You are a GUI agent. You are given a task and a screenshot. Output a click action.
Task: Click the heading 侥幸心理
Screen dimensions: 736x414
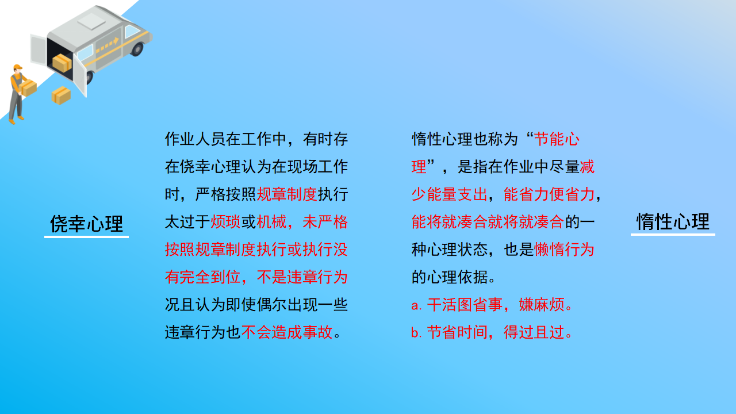[x=86, y=224]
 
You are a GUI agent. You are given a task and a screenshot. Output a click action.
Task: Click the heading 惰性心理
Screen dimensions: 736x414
[x=673, y=222]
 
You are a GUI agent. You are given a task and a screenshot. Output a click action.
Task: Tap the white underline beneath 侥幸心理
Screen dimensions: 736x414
[x=86, y=236]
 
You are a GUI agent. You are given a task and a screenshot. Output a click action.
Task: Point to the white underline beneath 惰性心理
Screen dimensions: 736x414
[x=673, y=234]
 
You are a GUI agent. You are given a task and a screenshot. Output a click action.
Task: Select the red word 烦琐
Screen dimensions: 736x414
[x=225, y=222]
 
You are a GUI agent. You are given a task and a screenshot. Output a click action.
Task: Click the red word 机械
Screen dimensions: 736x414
[x=271, y=222]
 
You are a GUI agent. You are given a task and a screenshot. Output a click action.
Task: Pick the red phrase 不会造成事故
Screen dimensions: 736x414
[x=287, y=332]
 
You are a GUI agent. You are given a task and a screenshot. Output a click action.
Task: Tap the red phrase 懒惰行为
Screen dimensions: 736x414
[x=564, y=250]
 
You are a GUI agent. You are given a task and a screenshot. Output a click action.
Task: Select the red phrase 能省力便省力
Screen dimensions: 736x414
[x=549, y=194]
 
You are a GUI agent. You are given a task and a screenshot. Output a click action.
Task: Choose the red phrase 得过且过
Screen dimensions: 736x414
[x=534, y=332]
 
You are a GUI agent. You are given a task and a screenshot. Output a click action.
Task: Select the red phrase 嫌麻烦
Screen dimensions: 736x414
[x=542, y=305]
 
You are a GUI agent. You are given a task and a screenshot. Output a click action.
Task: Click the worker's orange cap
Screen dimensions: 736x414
[x=17, y=67]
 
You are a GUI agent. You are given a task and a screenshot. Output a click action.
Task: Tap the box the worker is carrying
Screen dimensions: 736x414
[x=28, y=88]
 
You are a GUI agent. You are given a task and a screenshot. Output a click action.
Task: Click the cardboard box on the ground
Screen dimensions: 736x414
[x=61, y=95]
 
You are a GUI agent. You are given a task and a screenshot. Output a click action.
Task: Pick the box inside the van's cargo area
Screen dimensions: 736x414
[x=62, y=63]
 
